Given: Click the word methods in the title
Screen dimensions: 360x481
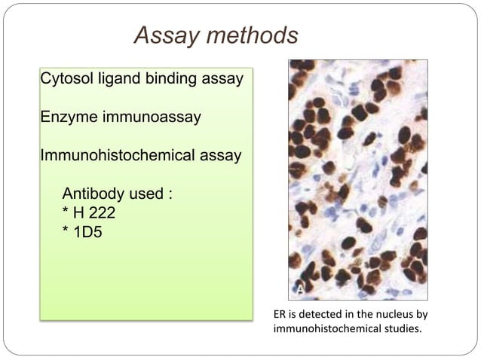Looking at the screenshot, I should pos(255,35).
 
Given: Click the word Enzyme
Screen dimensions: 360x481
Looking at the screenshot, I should pos(68,117).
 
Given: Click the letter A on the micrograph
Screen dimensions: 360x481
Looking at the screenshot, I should pos(299,288).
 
